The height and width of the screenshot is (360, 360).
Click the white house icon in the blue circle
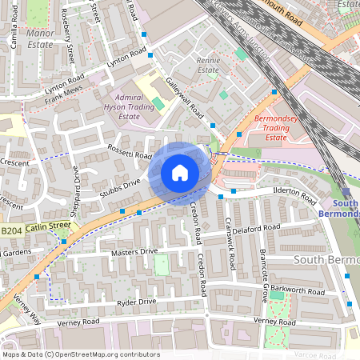pyautogui.click(x=180, y=173)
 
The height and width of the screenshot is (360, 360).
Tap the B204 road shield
pyautogui.click(x=10, y=231)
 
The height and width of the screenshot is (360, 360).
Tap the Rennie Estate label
pyautogui.click(x=208, y=65)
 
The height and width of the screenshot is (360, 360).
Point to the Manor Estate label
pyautogui.click(x=40, y=39)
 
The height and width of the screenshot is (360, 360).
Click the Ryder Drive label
pyautogui.click(x=136, y=302)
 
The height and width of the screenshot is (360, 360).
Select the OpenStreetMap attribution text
pyautogui.click(x=81, y=354)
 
